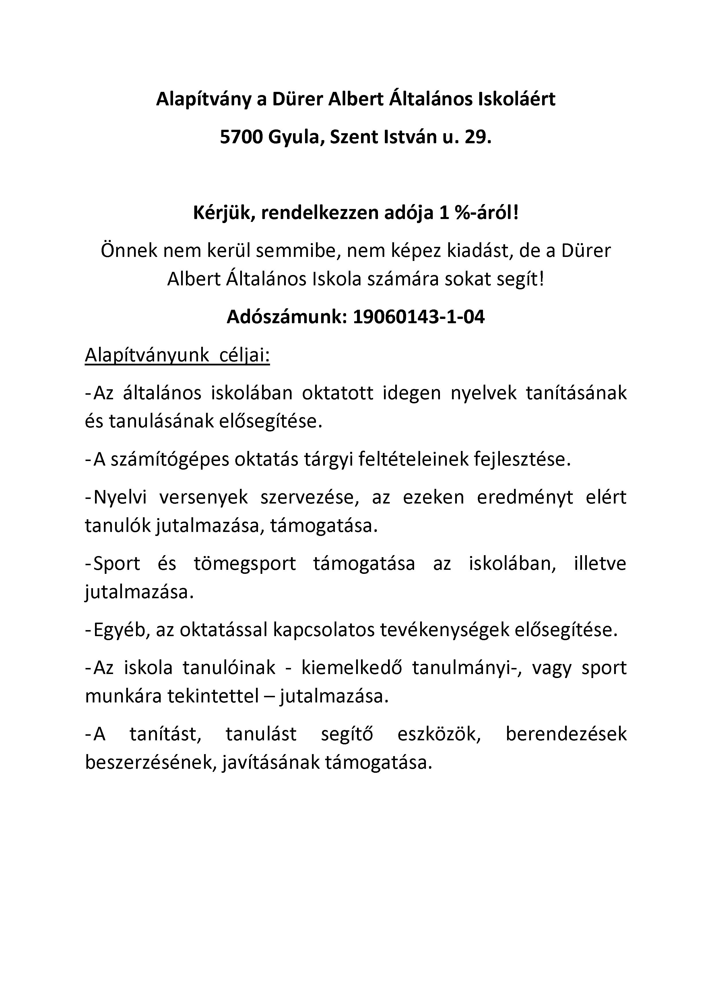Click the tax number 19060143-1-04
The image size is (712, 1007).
(x=419, y=317)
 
